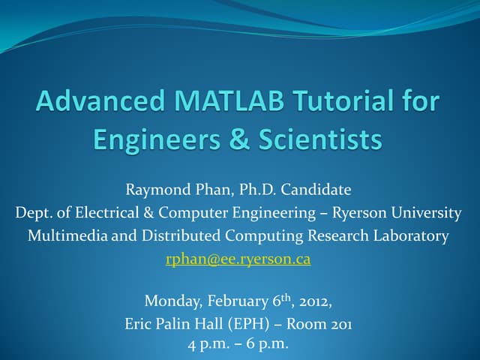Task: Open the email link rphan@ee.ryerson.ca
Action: [x=238, y=259]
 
